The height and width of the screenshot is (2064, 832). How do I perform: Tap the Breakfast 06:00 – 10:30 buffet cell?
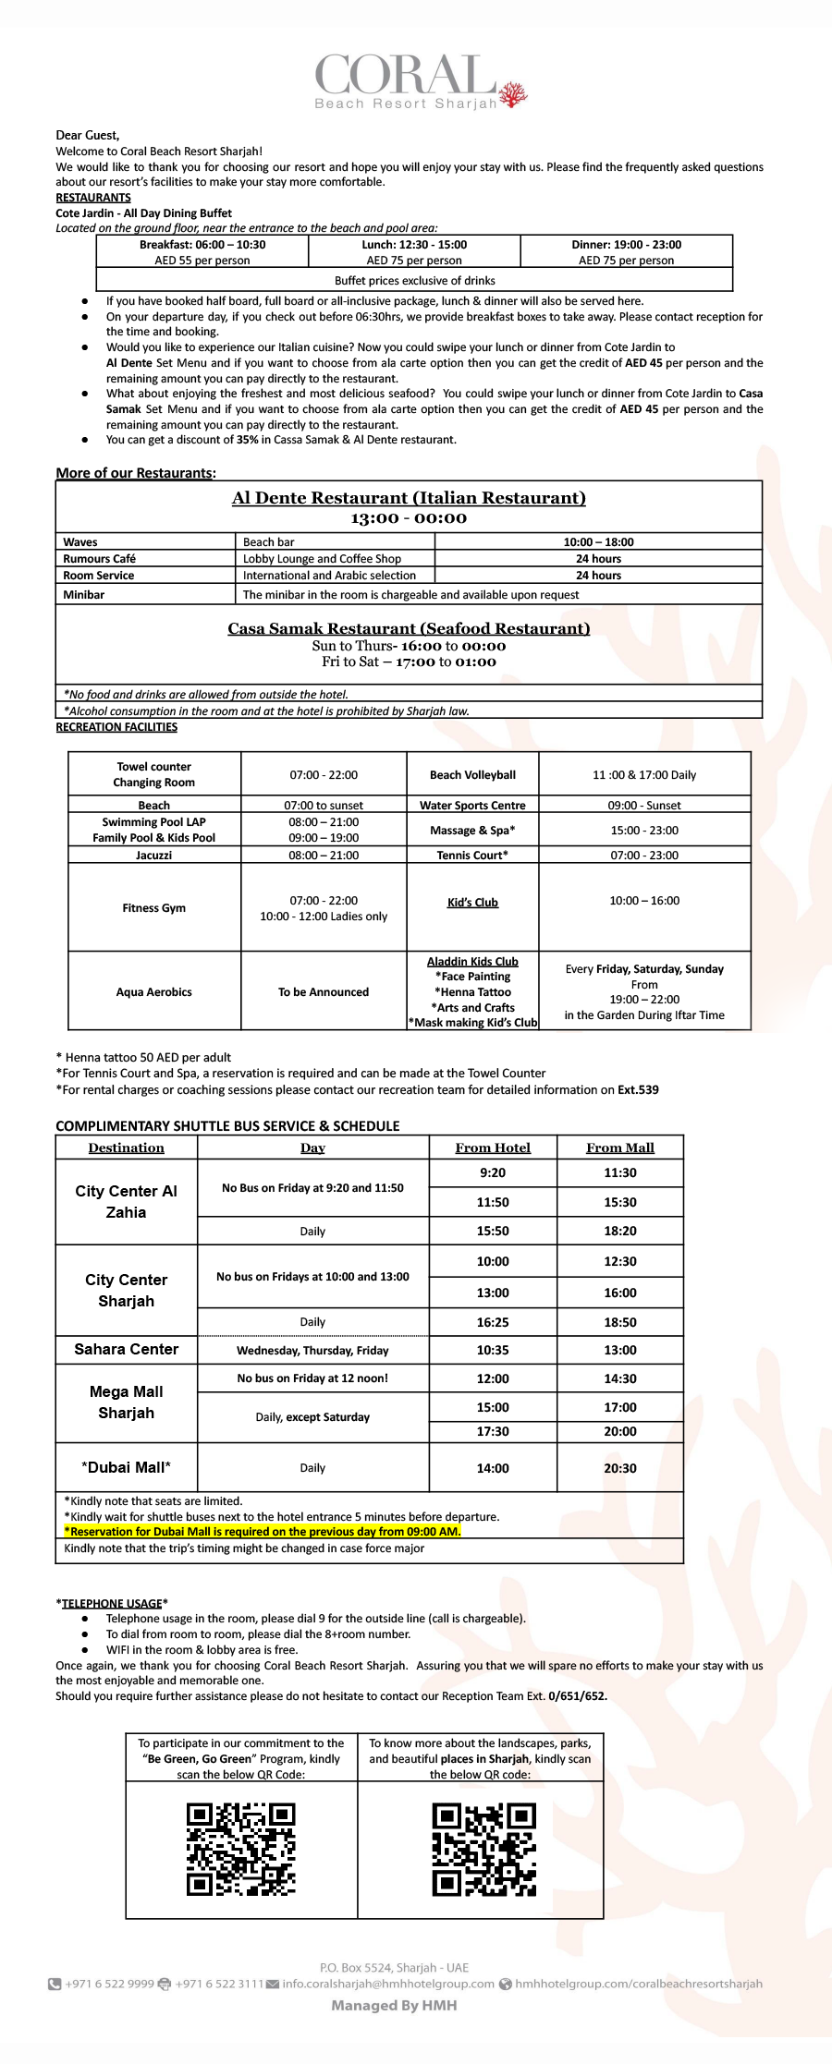point(202,251)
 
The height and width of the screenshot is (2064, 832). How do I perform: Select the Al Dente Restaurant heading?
point(409,498)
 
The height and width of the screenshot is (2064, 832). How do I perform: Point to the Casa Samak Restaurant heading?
point(409,628)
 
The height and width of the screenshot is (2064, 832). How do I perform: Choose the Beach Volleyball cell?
point(472,775)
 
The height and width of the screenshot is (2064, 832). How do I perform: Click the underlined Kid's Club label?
point(472,903)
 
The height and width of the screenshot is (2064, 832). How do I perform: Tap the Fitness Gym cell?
point(153,908)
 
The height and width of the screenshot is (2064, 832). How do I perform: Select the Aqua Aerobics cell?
point(153,992)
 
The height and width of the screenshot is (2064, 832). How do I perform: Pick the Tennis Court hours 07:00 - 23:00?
point(644,856)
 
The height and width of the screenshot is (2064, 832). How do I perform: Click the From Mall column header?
point(619,1147)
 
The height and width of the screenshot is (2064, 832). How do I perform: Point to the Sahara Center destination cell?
point(127,1349)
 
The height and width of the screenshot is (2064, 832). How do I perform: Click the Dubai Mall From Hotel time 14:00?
point(493,1468)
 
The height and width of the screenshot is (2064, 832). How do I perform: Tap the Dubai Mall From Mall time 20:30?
point(619,1468)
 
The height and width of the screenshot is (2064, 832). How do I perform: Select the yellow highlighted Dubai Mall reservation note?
point(263,1532)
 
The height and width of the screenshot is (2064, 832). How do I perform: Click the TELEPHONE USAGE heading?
point(112,1603)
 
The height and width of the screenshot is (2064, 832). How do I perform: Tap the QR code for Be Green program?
point(241,1850)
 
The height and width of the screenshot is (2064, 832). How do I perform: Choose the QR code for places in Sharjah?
point(483,1850)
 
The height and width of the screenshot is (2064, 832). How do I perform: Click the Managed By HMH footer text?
point(394,2006)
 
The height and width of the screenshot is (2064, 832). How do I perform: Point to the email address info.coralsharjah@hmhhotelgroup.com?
point(387,1984)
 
